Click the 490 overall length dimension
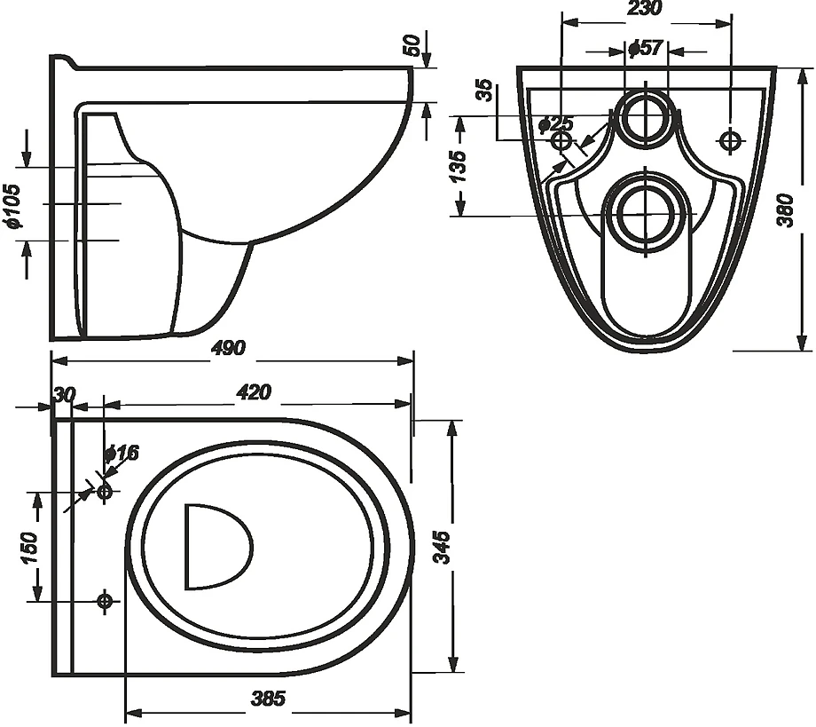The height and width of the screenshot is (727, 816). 228,348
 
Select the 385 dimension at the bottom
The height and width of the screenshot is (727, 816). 267,699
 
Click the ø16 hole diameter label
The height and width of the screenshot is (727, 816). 122,454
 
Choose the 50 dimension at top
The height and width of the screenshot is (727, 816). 411,46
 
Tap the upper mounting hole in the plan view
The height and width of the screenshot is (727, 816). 105,491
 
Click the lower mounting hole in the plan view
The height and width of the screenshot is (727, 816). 105,601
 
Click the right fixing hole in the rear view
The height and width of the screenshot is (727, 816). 730,139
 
